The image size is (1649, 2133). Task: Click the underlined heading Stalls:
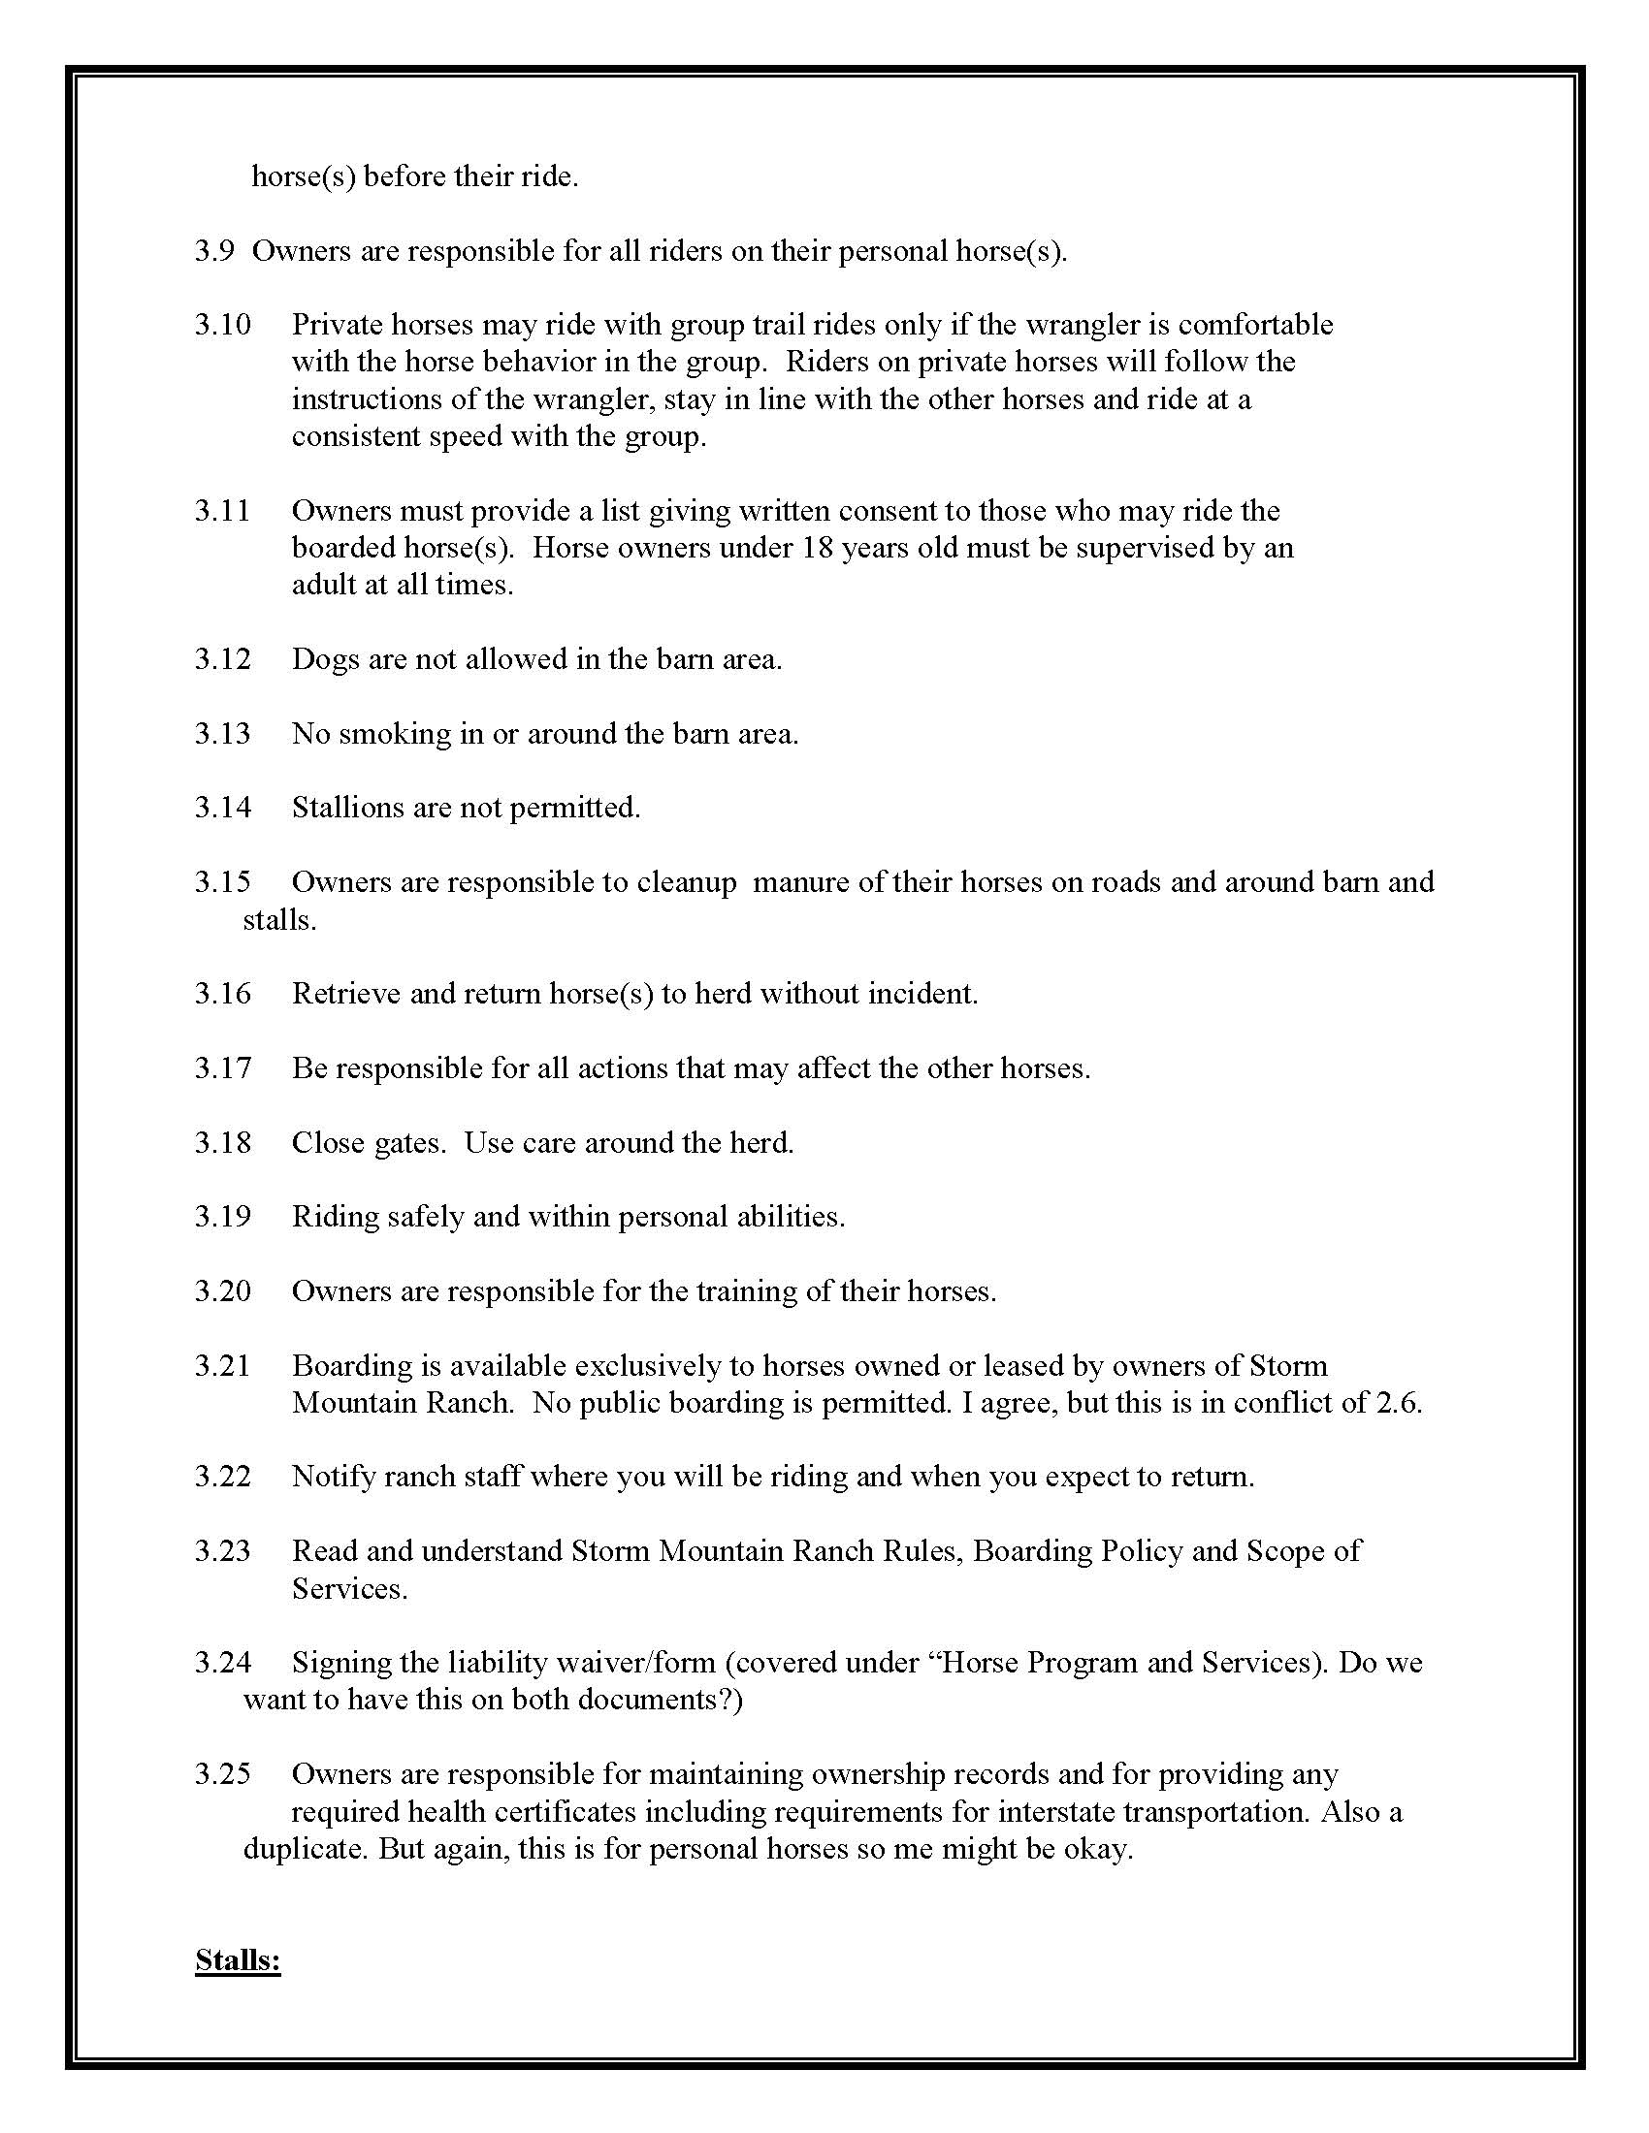tap(238, 1960)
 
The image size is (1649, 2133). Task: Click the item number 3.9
tap(214, 251)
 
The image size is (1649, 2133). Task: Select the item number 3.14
tap(223, 807)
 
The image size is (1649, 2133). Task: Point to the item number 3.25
tap(223, 1772)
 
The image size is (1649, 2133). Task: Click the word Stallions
tap(340, 807)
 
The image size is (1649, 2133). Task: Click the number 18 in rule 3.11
tap(817, 547)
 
